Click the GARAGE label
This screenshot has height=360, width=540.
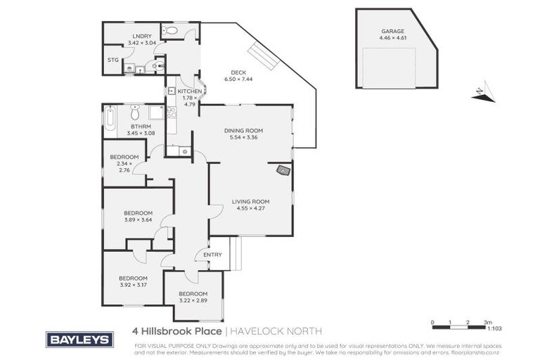[392, 32]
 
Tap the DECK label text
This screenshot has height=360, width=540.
[238, 71]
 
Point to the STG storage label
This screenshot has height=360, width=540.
[112, 60]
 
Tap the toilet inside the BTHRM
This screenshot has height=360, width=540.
[136, 112]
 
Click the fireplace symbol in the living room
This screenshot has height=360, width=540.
[283, 169]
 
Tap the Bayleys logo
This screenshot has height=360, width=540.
[79, 340]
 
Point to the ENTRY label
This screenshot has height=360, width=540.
[212, 255]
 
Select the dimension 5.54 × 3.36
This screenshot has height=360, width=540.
[243, 138]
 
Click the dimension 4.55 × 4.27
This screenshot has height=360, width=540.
[251, 209]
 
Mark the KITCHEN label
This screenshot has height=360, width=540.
[189, 92]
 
